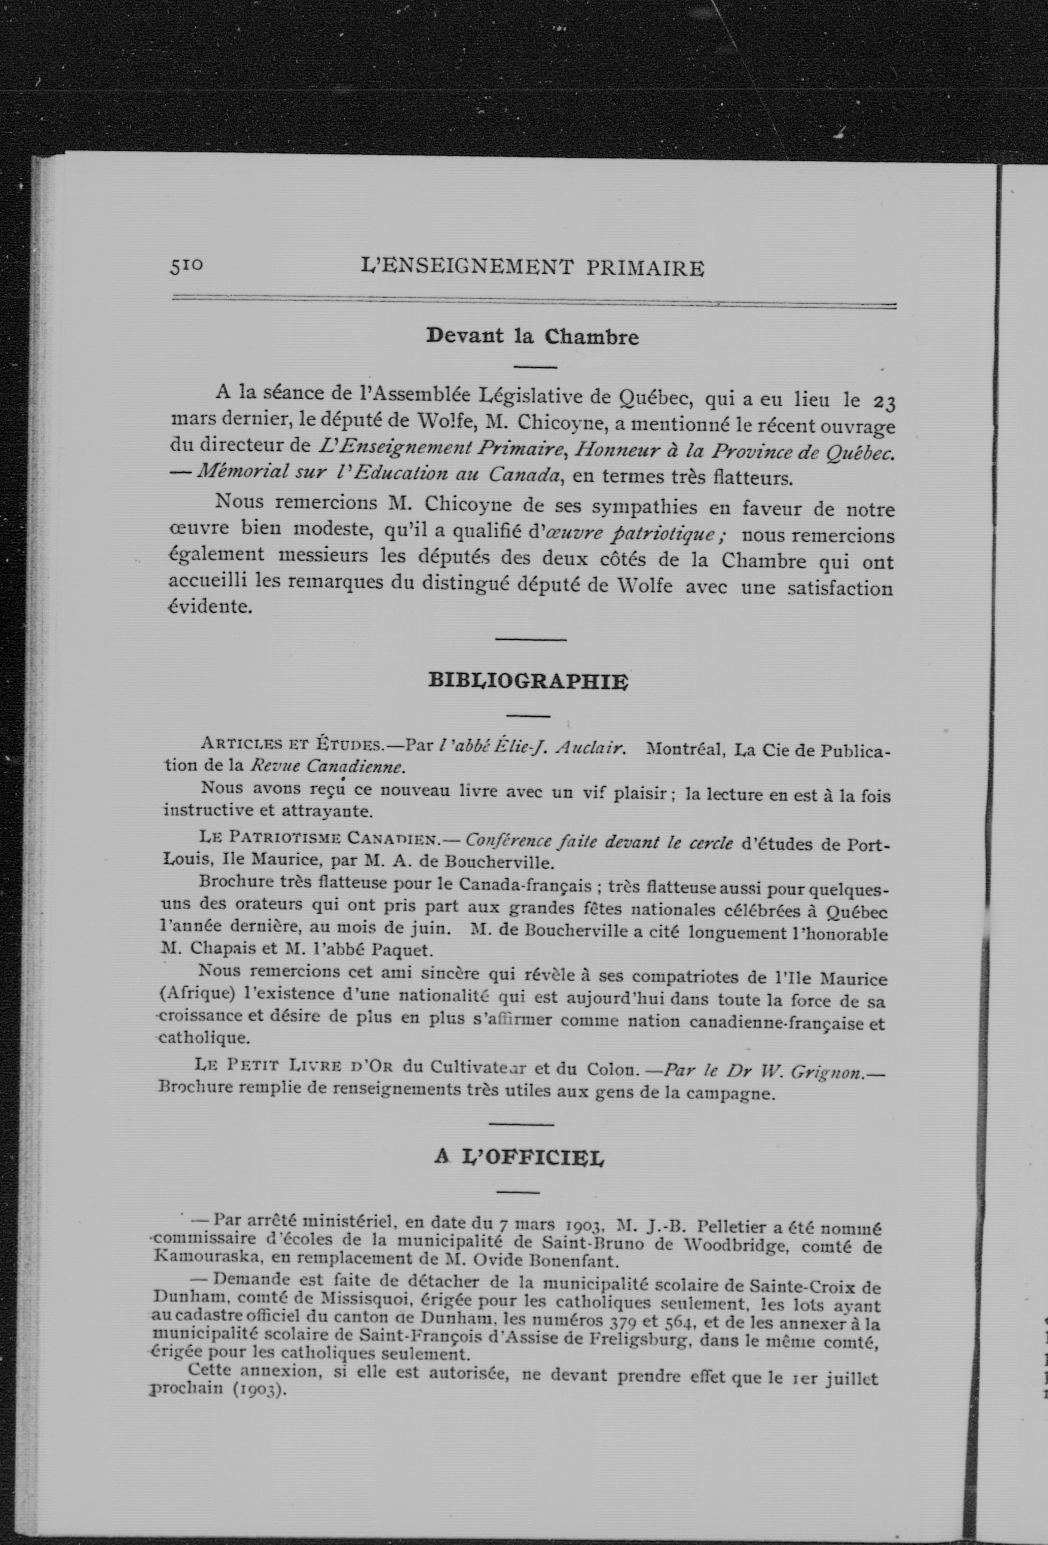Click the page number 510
186,266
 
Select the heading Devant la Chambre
532,336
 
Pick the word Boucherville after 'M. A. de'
500,863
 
